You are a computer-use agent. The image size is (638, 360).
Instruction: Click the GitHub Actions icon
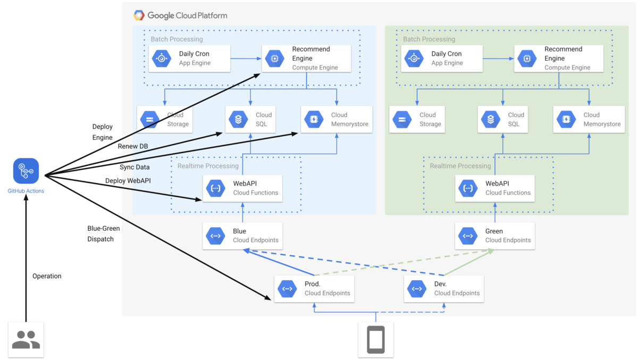26,171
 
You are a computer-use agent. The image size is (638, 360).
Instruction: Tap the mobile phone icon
376,339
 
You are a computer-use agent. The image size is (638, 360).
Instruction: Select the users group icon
26,339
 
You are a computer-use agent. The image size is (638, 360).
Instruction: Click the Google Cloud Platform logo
139,15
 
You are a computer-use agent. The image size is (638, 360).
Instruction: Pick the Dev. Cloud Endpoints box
444,289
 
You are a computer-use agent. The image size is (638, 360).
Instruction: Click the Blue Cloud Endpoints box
242,236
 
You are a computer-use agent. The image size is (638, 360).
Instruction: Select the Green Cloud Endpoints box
495,236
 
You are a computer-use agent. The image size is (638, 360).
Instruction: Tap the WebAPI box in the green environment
495,188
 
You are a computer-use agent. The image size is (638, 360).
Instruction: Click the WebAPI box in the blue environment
242,188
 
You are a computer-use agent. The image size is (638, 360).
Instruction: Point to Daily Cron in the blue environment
190,58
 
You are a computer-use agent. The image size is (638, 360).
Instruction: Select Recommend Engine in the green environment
559,58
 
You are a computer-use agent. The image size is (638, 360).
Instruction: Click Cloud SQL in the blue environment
251,120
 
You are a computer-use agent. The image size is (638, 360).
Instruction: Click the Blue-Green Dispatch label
104,234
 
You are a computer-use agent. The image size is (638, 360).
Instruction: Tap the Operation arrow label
47,276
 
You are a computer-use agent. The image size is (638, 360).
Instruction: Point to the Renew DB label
133,146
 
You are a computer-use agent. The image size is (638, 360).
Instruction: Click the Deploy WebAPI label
128,181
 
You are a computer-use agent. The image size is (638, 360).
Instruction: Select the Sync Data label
135,167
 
